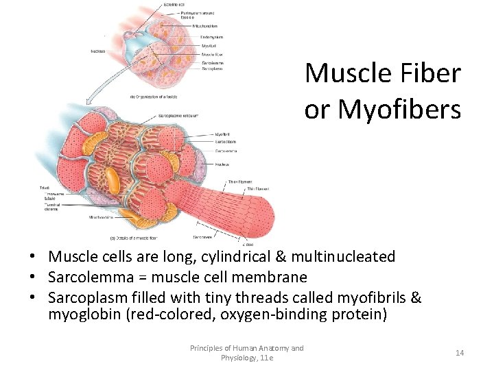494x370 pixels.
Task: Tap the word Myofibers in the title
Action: point(399,109)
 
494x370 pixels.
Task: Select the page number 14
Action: point(459,352)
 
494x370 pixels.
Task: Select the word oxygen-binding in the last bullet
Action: point(257,314)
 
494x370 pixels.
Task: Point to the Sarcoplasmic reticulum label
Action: point(180,116)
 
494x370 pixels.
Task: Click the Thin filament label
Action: point(259,188)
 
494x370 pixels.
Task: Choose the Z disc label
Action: point(248,243)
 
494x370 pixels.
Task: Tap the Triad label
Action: point(44,188)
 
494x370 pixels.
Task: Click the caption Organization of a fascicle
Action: point(156,97)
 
